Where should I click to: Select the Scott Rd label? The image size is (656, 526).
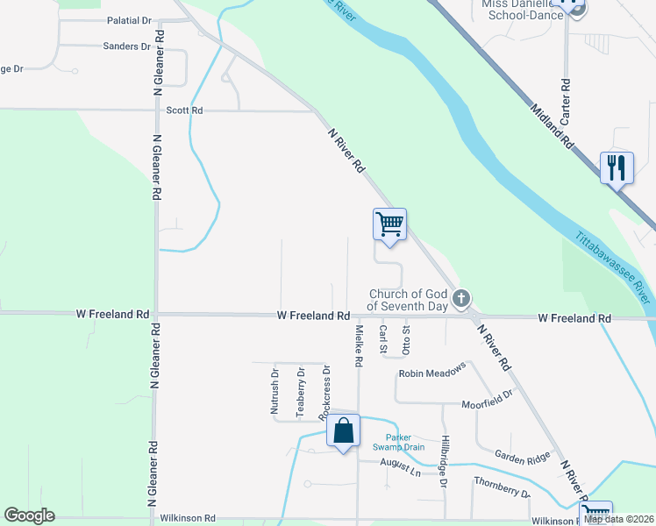(x=184, y=110)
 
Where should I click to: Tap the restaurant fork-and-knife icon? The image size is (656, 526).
(x=617, y=167)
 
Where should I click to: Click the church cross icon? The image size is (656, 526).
(x=461, y=301)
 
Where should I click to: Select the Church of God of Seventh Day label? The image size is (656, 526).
(x=409, y=300)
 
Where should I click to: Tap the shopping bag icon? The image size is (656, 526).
(x=344, y=430)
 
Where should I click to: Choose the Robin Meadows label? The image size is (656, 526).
(x=431, y=373)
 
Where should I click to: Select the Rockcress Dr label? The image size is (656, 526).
(x=324, y=390)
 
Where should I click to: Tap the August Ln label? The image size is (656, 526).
(x=401, y=473)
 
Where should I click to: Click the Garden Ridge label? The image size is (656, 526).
(x=521, y=455)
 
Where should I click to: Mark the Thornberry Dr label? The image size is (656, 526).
(x=502, y=487)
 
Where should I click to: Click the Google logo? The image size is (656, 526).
(x=29, y=515)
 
